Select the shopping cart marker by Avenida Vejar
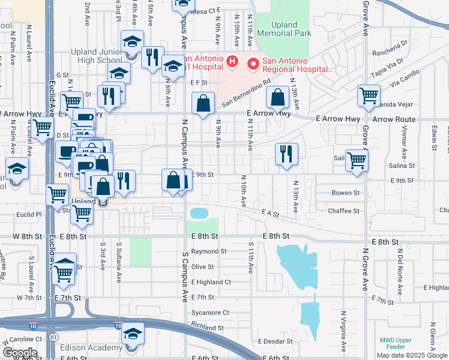(369, 95)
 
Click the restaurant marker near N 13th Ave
(287, 153)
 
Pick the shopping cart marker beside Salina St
(357, 161)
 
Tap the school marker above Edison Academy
(133, 334)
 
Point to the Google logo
(19, 353)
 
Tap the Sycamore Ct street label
(210, 313)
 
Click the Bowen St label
(345, 193)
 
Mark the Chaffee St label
(343, 211)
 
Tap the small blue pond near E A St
(197, 213)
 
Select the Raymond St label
(209, 251)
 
